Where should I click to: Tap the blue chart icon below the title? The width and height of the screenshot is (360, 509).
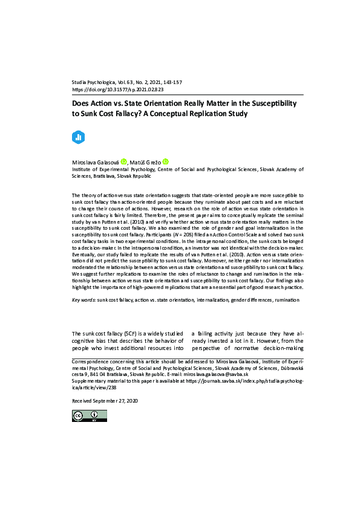77,137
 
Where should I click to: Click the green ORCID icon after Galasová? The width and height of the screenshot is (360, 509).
123,162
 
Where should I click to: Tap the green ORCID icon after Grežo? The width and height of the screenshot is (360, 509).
165,162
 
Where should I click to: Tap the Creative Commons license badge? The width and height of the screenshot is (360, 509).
85,415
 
